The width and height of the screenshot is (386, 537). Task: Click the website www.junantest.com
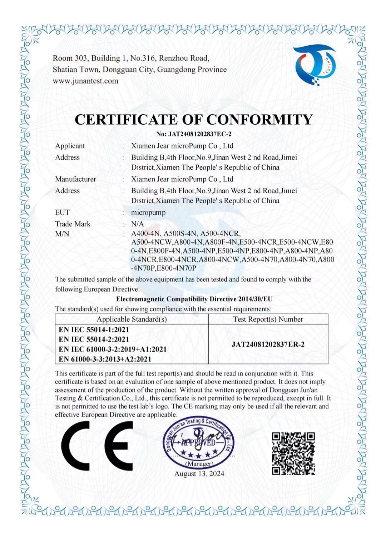[85, 81]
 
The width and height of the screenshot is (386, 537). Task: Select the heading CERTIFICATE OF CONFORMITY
[194, 120]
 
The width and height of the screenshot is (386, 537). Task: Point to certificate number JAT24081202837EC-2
[194, 134]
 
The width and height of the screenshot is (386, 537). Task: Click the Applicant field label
[70, 146]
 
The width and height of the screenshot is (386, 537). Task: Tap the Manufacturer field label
[75, 179]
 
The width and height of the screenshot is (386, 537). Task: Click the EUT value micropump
[148, 212]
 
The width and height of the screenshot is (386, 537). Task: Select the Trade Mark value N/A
[137, 224]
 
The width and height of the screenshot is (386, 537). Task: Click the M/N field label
[62, 234]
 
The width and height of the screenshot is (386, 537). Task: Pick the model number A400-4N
[145, 234]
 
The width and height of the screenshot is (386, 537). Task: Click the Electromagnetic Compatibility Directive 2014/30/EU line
[194, 299]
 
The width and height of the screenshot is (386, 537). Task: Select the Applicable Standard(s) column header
[132, 319]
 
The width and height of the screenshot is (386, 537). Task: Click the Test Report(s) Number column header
[268, 319]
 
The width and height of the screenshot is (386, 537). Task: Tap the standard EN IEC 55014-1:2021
[94, 330]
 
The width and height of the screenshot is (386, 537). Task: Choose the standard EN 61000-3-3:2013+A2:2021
[105, 359]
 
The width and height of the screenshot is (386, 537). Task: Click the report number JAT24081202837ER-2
[268, 345]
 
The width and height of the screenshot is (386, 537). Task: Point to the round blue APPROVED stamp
[199, 443]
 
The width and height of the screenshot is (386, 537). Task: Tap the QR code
[293, 453]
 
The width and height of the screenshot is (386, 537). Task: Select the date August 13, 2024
[199, 474]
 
